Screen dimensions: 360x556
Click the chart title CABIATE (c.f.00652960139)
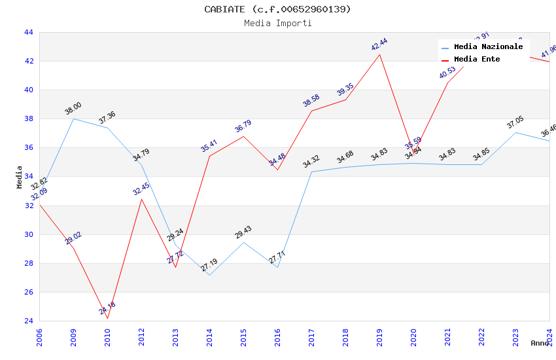pyautogui.click(x=277, y=9)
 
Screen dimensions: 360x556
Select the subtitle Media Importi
pyautogui.click(x=277, y=23)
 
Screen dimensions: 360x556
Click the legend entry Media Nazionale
pyautogui.click(x=488, y=47)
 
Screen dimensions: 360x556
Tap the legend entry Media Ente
pyautogui.click(x=477, y=60)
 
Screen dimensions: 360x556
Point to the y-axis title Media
pyautogui.click(x=20, y=177)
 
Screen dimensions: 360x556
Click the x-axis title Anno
pyautogui.click(x=540, y=343)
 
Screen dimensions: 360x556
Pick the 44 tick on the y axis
pyautogui.click(x=29, y=32)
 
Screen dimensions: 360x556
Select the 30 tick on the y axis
pyautogui.click(x=29, y=234)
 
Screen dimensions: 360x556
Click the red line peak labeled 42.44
pyautogui.click(x=379, y=54)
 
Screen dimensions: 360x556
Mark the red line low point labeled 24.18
pyautogui.click(x=107, y=318)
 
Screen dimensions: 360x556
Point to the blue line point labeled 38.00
pyautogui.click(x=73, y=118)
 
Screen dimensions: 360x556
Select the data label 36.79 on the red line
pyautogui.click(x=243, y=126)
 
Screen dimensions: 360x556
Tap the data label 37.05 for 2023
pyautogui.click(x=515, y=122)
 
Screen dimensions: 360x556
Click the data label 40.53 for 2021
pyautogui.click(x=447, y=72)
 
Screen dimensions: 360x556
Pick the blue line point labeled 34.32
pyautogui.click(x=311, y=171)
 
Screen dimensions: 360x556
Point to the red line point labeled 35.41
pyautogui.click(x=209, y=156)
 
